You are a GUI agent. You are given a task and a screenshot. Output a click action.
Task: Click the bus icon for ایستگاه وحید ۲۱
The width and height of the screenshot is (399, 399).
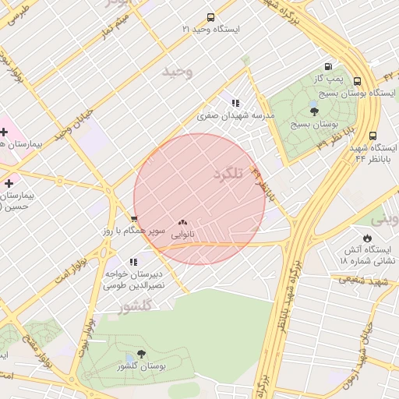pyautogui.click(x=210, y=17)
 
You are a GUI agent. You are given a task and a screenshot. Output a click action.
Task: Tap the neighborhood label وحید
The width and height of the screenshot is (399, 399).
pyautogui.click(x=177, y=72)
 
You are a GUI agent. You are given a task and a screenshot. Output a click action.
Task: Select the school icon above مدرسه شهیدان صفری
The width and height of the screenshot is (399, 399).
pyautogui.click(x=235, y=103)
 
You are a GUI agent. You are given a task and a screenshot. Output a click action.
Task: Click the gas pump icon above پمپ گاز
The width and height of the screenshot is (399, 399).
pyautogui.click(x=329, y=67)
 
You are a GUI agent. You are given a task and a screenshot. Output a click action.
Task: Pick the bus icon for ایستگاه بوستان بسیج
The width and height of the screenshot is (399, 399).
pyautogui.click(x=357, y=81)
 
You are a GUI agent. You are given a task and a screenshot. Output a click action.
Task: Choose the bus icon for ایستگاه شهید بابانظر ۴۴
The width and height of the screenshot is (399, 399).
pyautogui.click(x=373, y=136)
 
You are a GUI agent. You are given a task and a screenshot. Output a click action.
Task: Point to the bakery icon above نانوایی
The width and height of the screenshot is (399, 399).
pyautogui.click(x=182, y=222)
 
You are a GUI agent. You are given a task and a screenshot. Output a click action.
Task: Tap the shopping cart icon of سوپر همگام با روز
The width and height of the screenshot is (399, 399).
pyautogui.click(x=134, y=220)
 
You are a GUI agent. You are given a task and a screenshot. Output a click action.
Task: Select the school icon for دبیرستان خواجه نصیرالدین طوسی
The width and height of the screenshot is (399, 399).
pyautogui.click(x=132, y=262)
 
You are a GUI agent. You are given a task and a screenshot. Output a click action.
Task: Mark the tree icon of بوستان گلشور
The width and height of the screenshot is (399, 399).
pyautogui.click(x=141, y=354)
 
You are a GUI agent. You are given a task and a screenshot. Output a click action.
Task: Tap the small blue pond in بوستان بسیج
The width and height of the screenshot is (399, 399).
pyautogui.click(x=312, y=103)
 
